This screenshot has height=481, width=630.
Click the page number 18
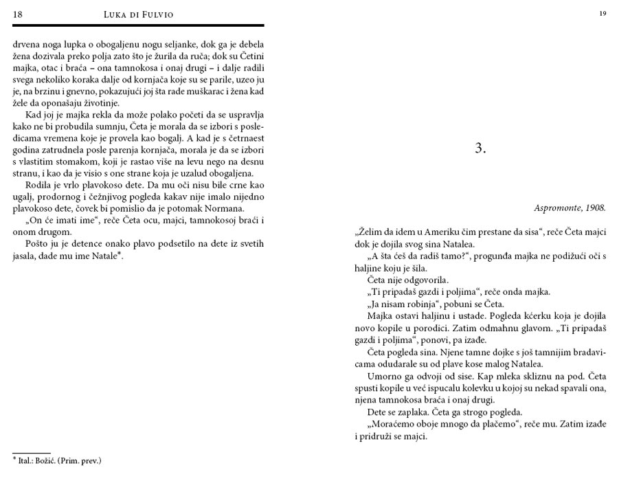pyautogui.click(x=17, y=14)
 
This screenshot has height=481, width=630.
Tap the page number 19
pyautogui.click(x=602, y=13)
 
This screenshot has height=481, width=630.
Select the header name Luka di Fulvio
pyautogui.click(x=139, y=14)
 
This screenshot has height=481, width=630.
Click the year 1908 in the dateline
pyautogui.click(x=595, y=207)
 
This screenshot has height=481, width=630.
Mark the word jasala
pyautogui.click(x=27, y=256)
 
